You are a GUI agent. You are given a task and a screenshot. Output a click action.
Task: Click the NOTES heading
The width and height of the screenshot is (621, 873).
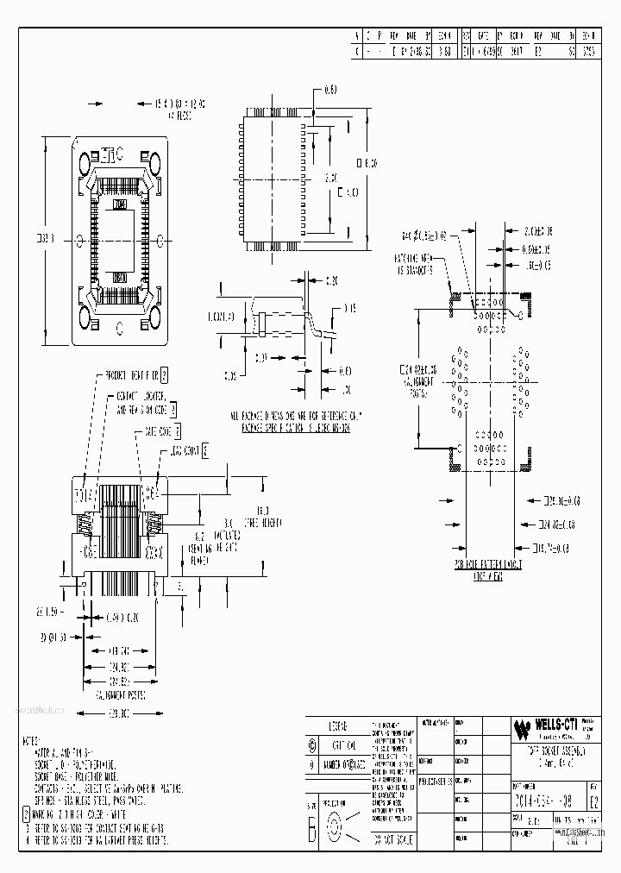point(33,741)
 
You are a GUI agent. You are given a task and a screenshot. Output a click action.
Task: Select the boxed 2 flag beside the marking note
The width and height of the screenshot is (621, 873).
point(26,813)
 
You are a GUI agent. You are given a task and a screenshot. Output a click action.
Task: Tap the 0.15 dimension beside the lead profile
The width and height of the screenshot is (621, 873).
point(350,308)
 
